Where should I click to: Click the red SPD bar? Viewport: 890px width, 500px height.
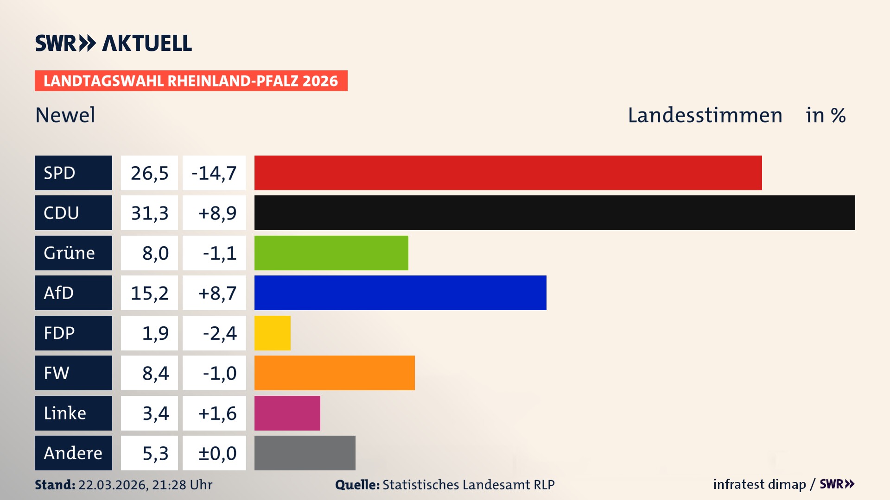point(508,173)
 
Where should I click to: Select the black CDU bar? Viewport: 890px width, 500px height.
point(554,212)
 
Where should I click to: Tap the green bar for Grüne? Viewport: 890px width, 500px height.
point(331,253)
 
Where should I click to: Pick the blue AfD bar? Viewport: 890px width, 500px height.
point(400,293)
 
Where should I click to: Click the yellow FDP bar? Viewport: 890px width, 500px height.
point(272,333)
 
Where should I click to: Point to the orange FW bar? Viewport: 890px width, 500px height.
point(334,373)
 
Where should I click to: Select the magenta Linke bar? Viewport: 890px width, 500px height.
point(287,413)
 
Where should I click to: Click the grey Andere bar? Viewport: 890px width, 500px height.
point(305,453)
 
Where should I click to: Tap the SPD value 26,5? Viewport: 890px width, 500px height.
point(149,173)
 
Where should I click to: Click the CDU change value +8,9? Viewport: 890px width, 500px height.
point(216,213)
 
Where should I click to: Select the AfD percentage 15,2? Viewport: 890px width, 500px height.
point(149,293)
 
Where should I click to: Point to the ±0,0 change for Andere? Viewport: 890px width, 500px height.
point(216,453)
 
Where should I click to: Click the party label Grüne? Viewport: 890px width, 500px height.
point(70,253)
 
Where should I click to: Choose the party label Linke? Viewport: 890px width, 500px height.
point(65,413)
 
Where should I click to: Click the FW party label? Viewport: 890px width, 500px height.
point(57,373)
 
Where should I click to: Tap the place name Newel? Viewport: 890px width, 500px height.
point(65,115)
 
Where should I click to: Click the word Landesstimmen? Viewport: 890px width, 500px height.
point(705,115)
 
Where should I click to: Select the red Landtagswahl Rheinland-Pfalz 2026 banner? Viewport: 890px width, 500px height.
point(191,81)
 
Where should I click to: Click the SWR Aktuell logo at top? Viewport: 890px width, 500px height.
point(114,43)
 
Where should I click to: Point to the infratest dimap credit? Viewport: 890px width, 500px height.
point(759,484)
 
